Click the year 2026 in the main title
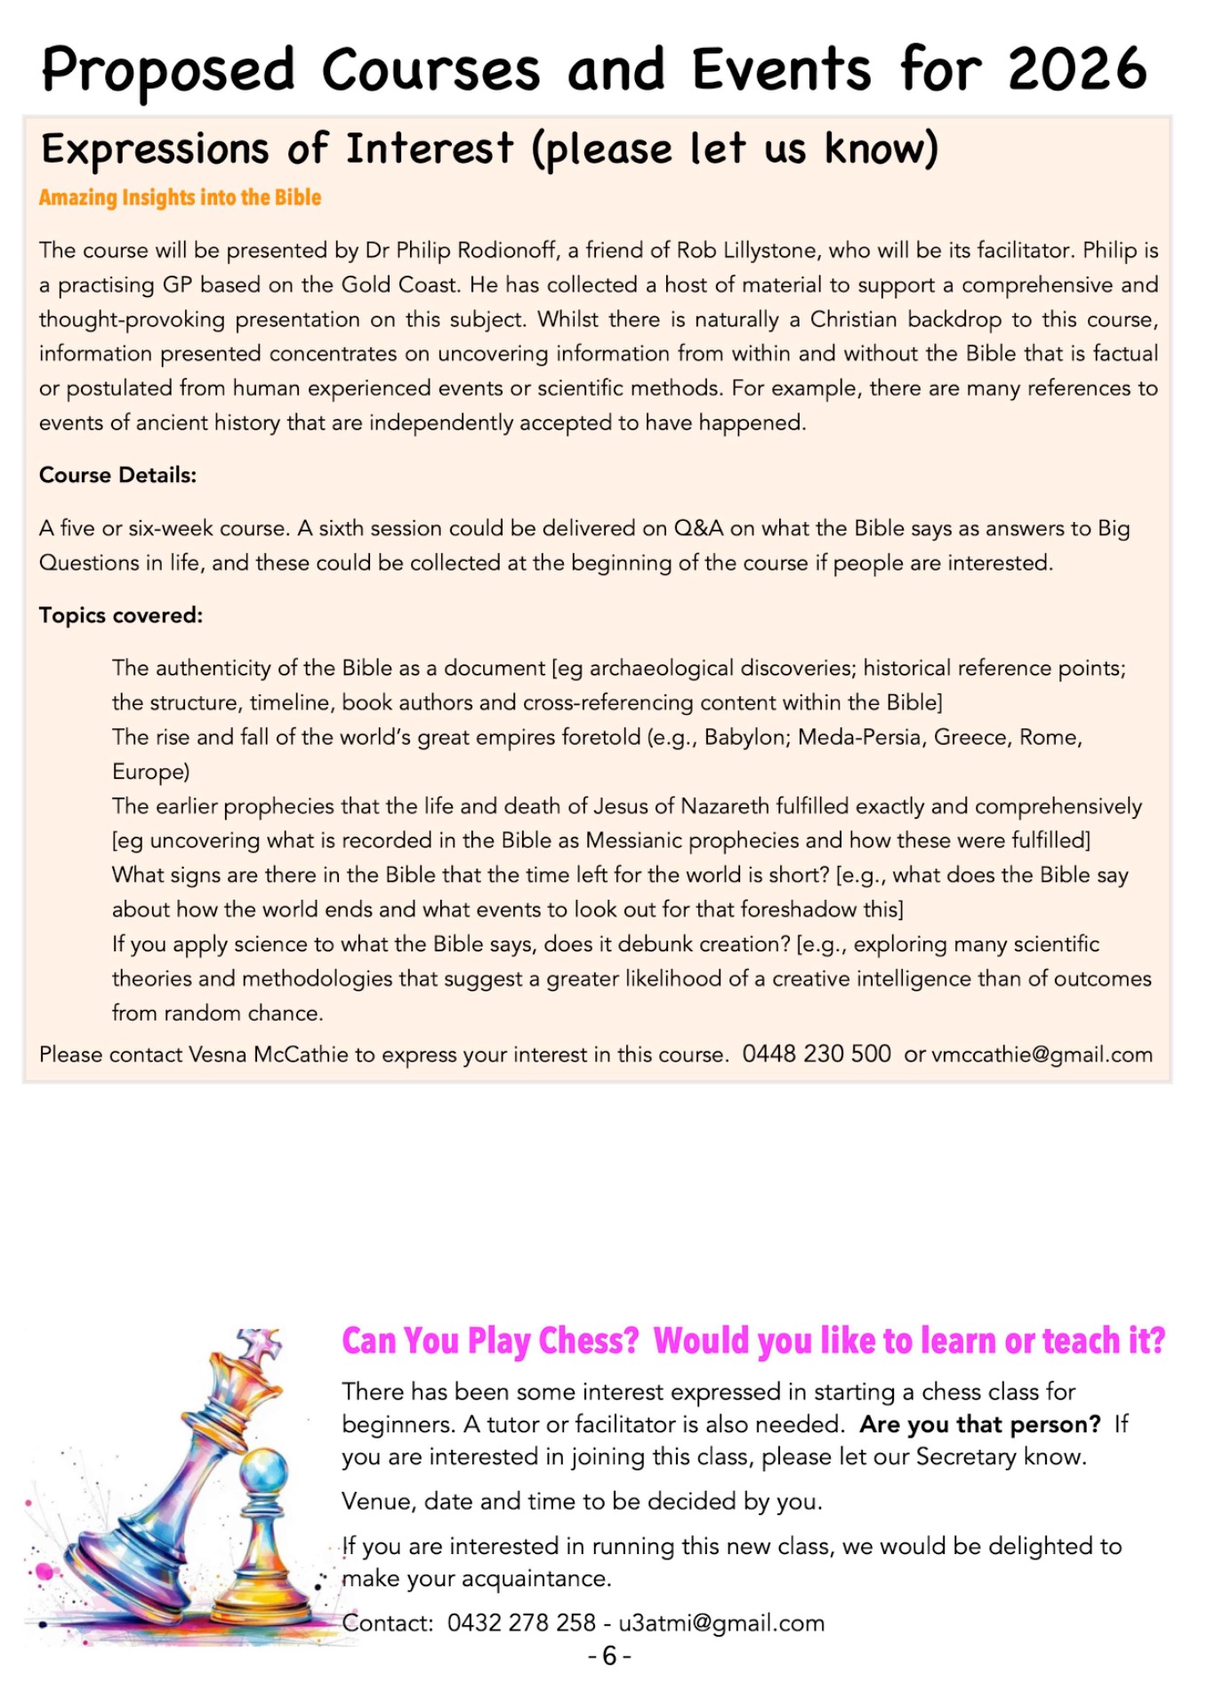1077,69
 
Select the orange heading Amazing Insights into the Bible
180,197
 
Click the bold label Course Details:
117,476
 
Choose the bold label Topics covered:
121,615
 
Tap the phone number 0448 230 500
816,1054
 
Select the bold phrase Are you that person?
980,1424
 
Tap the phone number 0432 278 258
521,1623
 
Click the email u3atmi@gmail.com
721,1623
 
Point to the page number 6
609,1655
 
